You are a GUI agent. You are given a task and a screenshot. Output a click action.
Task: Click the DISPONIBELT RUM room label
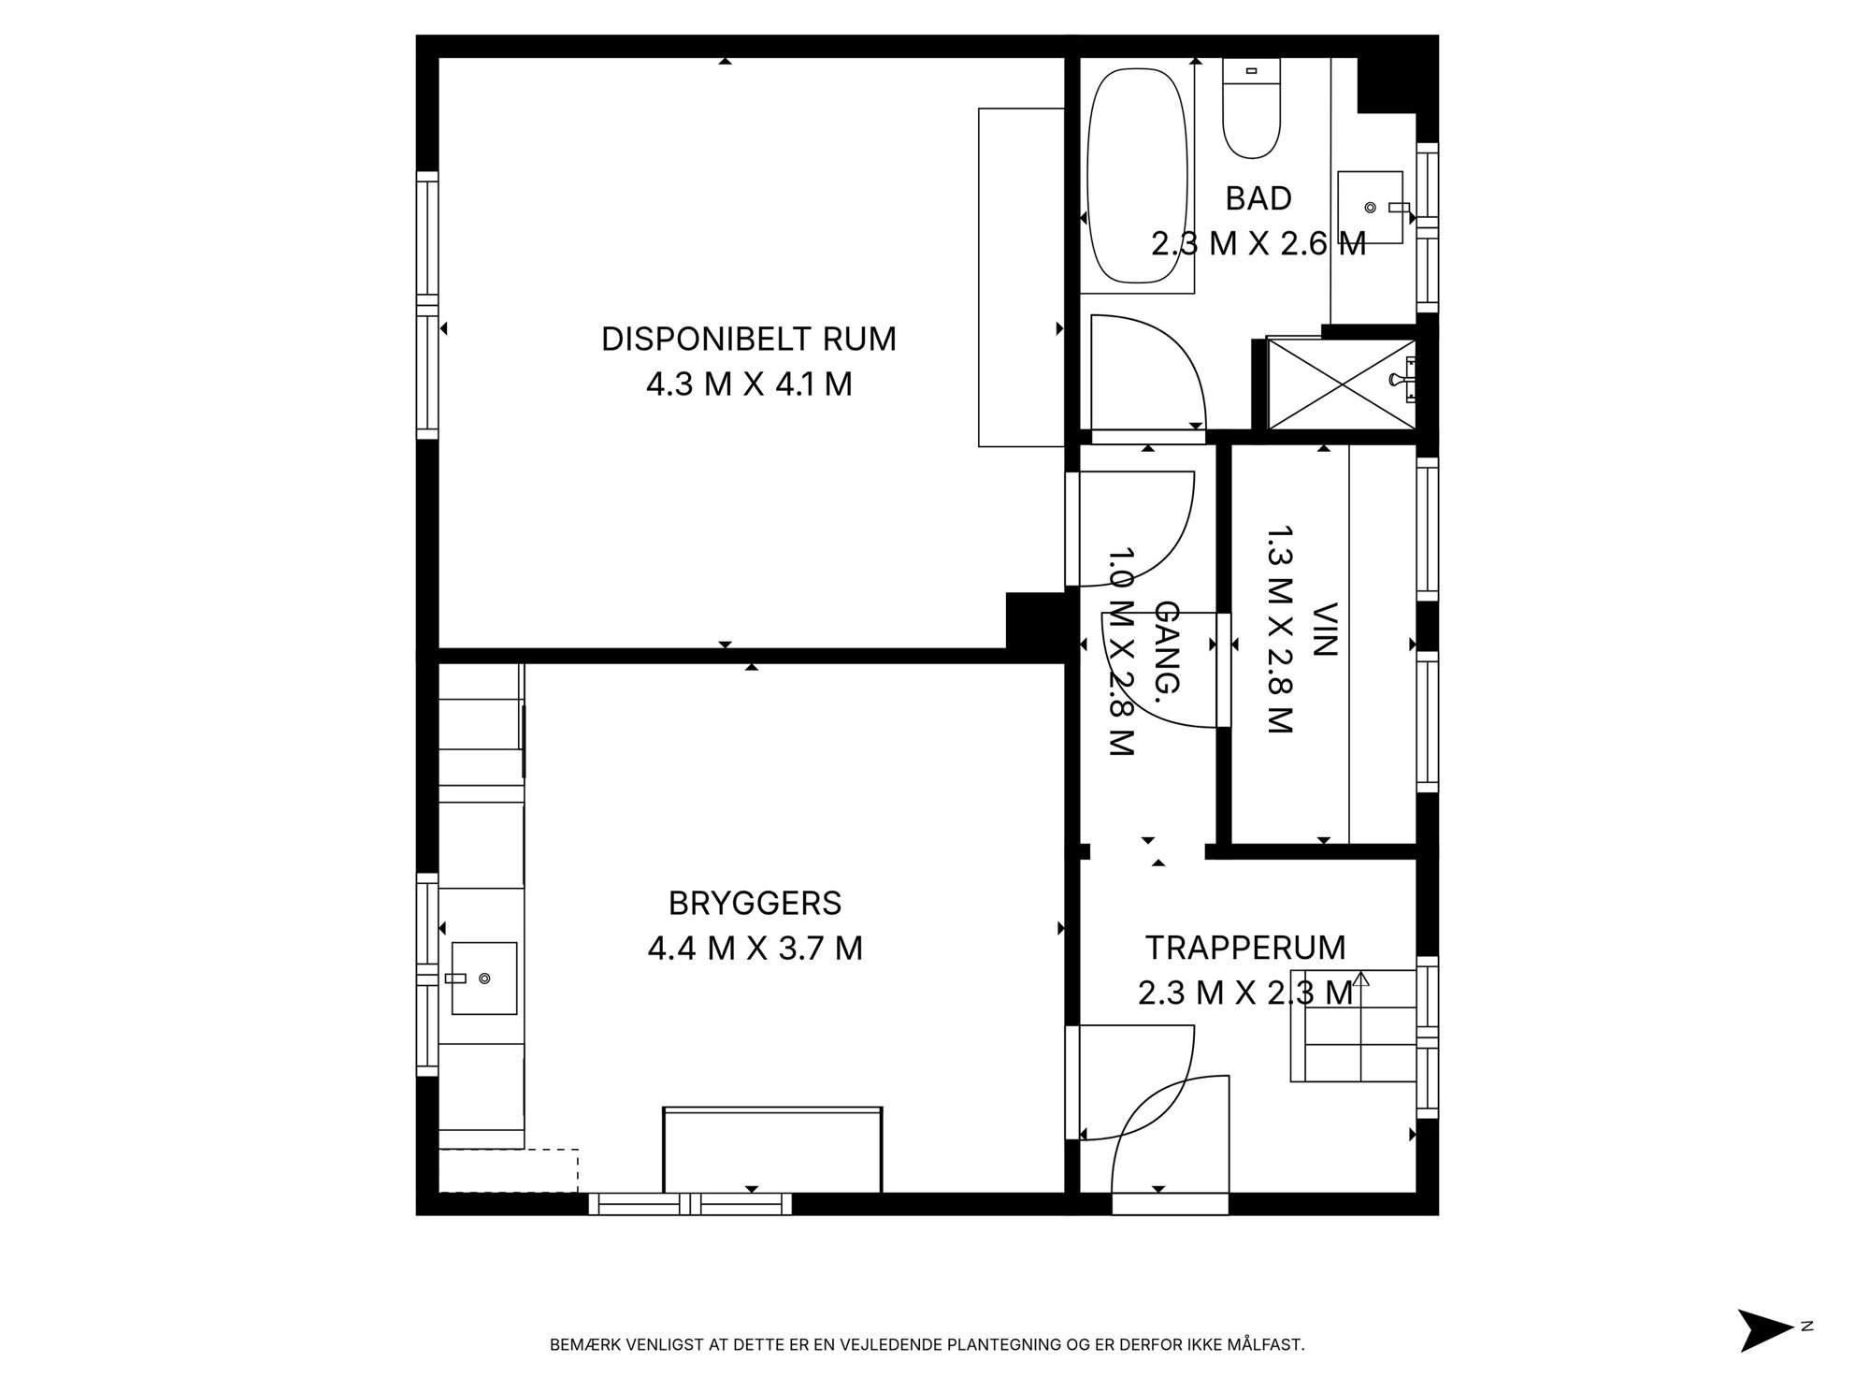click(748, 339)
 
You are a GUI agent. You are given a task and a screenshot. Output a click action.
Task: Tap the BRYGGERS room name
click(755, 904)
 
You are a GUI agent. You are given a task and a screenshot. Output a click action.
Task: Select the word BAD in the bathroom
click(1258, 198)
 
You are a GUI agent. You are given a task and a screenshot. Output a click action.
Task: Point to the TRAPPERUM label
click(1245, 948)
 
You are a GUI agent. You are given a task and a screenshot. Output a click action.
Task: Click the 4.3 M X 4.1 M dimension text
click(749, 384)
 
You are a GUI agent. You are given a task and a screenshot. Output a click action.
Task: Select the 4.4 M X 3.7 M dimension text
click(755, 949)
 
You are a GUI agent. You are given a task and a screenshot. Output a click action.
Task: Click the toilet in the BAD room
click(1251, 109)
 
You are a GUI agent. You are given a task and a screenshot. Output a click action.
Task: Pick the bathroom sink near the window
click(1373, 207)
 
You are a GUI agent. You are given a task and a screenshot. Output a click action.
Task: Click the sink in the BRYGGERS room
click(483, 978)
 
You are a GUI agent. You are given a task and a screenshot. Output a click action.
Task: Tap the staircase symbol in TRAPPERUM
click(1354, 1026)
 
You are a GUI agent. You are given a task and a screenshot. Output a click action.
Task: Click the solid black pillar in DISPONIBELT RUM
click(1036, 620)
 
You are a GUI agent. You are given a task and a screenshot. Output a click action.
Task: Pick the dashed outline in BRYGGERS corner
click(510, 1170)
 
